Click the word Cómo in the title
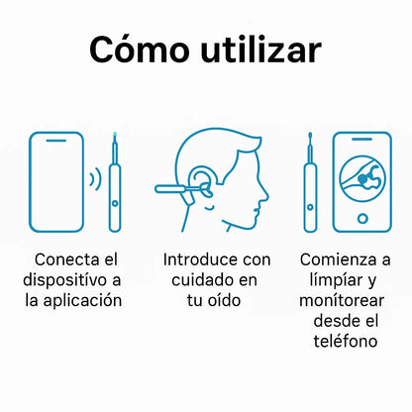pyautogui.click(x=140, y=50)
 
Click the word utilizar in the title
pyautogui.click(x=260, y=50)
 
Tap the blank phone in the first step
pyautogui.click(x=56, y=182)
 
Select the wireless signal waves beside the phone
pyautogui.click(x=96, y=178)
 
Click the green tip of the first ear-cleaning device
pyautogui.click(x=115, y=135)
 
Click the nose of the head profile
pyautogui.click(x=263, y=195)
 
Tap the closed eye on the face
pyautogui.click(x=209, y=208)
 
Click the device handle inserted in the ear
pyautogui.click(x=170, y=189)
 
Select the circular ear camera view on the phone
pyautogui.click(x=362, y=178)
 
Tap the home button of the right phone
pyautogui.click(x=362, y=218)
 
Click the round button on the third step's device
pyautogui.click(x=310, y=207)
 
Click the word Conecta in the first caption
pyautogui.click(x=62, y=259)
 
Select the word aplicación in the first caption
pyautogui.click(x=82, y=301)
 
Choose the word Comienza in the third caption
pyautogui.click(x=339, y=259)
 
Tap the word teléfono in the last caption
pyautogui.click(x=346, y=341)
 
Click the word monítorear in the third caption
pyautogui.click(x=342, y=300)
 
